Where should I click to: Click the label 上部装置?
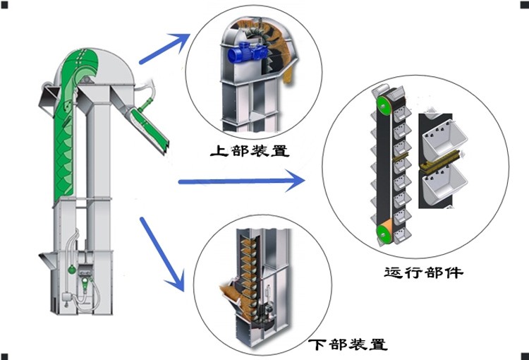point(250,150)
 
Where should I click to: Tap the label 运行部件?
point(423,272)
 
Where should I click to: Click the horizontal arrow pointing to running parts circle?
point(240,182)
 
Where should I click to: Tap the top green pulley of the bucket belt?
point(383,105)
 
